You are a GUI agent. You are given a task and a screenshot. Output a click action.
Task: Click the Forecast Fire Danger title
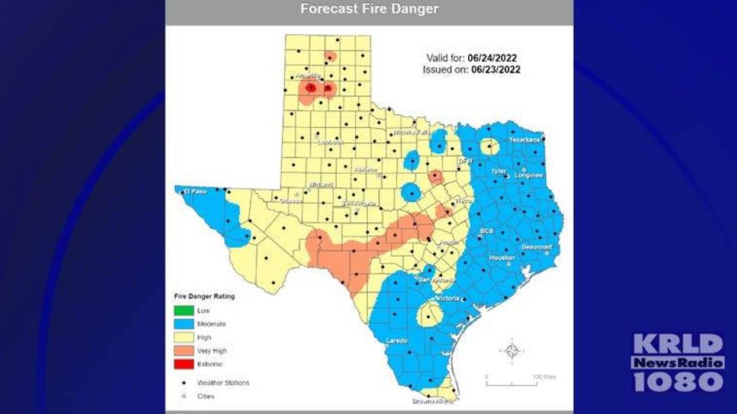[369, 9]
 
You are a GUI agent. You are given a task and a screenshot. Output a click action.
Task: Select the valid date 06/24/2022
[492, 58]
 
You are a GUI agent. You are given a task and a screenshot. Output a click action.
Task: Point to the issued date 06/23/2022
[495, 69]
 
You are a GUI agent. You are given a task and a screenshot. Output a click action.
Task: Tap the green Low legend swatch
[183, 310]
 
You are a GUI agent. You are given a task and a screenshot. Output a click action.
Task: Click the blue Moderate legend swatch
[183, 324]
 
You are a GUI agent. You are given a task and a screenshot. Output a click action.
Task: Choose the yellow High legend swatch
[183, 338]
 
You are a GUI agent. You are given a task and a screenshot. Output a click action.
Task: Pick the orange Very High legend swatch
[183, 351]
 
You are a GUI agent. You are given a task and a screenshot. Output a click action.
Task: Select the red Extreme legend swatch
[183, 364]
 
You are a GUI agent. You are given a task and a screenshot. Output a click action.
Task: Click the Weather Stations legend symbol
[183, 383]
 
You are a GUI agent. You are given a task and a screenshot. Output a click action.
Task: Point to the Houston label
[501, 258]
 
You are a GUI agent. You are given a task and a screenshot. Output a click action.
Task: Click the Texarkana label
[525, 140]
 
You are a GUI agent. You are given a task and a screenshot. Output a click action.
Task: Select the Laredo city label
[397, 341]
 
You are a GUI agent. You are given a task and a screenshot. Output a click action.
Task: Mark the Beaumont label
[536, 247]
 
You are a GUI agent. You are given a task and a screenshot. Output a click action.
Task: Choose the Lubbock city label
[330, 142]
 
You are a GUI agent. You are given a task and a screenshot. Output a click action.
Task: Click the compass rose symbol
[513, 350]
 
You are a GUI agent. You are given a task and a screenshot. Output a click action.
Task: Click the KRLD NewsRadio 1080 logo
[678, 362]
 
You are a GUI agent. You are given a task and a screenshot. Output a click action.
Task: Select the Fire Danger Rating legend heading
[204, 296]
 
